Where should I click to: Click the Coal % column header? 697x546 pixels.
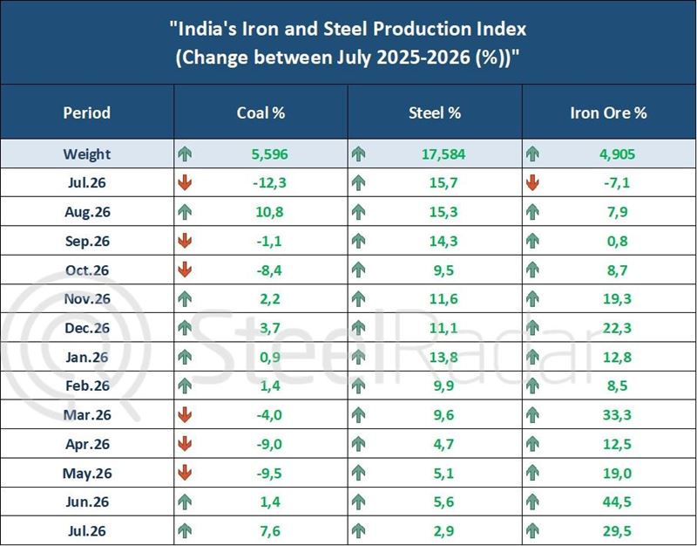pyautogui.click(x=261, y=113)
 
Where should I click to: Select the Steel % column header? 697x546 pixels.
pyautogui.click(x=434, y=113)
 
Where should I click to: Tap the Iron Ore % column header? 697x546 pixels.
pyautogui.click(x=608, y=113)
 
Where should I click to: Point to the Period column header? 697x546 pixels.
pyautogui.click(x=86, y=113)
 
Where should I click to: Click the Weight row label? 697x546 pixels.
pyautogui.click(x=86, y=154)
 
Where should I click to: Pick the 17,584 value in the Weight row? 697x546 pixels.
pyautogui.click(x=443, y=154)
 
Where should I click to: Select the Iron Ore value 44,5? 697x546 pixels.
pyautogui.click(x=617, y=502)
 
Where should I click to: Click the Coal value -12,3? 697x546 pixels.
pyautogui.click(x=269, y=182)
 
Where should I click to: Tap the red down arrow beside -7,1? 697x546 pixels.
pyautogui.click(x=532, y=182)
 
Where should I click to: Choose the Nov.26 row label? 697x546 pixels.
pyautogui.click(x=86, y=298)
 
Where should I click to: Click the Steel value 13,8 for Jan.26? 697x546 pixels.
pyautogui.click(x=443, y=357)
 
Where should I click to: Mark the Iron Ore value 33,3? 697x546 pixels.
pyautogui.click(x=617, y=414)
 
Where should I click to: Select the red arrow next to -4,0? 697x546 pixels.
pyautogui.click(x=185, y=414)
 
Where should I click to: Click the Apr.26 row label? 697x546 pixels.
pyautogui.click(x=87, y=444)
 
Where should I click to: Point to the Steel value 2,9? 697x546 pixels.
pyautogui.click(x=443, y=530)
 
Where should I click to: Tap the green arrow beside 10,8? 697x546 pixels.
pyautogui.click(x=185, y=212)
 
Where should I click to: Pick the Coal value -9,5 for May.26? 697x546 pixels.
pyautogui.click(x=269, y=473)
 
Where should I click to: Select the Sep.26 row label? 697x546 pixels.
pyautogui.click(x=87, y=241)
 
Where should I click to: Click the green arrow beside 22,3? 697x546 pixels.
pyautogui.click(x=532, y=328)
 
